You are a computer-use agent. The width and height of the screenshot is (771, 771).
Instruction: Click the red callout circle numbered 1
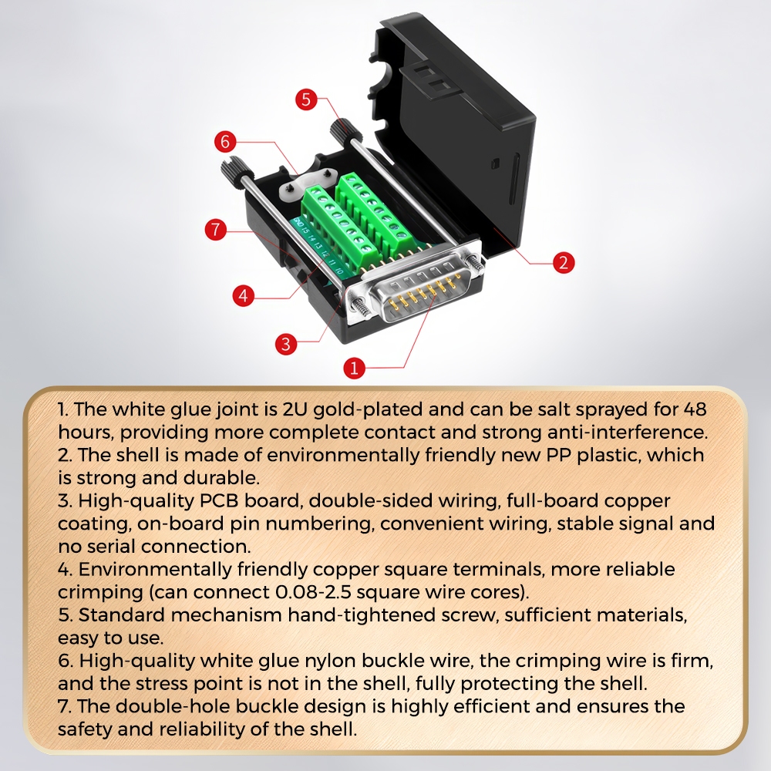(x=354, y=368)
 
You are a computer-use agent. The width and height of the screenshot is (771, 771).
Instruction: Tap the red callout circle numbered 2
(x=564, y=262)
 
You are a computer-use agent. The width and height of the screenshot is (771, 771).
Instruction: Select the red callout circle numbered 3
(x=286, y=344)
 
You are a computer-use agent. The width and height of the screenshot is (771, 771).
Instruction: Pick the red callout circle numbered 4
(x=244, y=295)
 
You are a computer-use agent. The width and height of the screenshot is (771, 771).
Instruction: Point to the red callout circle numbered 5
(x=306, y=99)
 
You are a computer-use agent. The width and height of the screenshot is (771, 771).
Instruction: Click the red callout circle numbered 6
(x=225, y=142)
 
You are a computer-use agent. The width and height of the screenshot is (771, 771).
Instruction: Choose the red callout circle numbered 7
(x=215, y=230)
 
